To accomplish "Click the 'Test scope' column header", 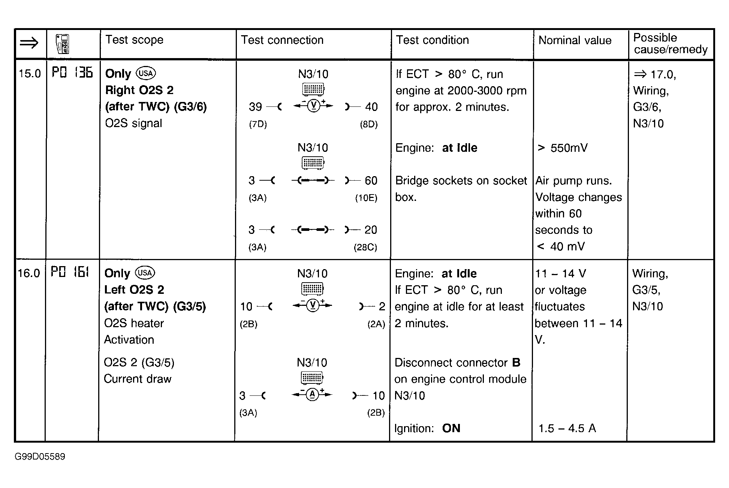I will [x=134, y=40].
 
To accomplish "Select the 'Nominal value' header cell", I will [x=575, y=40].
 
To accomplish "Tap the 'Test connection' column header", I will [x=282, y=40].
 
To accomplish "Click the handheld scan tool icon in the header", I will [x=62, y=44].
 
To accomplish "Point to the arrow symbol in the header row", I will [x=29, y=43].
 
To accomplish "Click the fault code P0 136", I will [x=72, y=72].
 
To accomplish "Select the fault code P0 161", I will [x=70, y=272].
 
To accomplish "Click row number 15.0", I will [x=30, y=73].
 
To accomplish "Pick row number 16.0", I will [x=29, y=273].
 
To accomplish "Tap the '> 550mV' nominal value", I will [x=563, y=148].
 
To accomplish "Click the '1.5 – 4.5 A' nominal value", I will [x=567, y=428].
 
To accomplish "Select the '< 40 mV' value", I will [x=561, y=247].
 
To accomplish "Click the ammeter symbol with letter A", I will [x=312, y=394].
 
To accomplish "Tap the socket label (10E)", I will [x=366, y=198].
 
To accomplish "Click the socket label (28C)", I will [x=365, y=247].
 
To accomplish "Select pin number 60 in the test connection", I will [x=371, y=181].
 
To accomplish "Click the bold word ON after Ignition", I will [x=451, y=428].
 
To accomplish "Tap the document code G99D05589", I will [x=40, y=457].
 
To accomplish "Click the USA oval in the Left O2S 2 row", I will [x=145, y=273].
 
